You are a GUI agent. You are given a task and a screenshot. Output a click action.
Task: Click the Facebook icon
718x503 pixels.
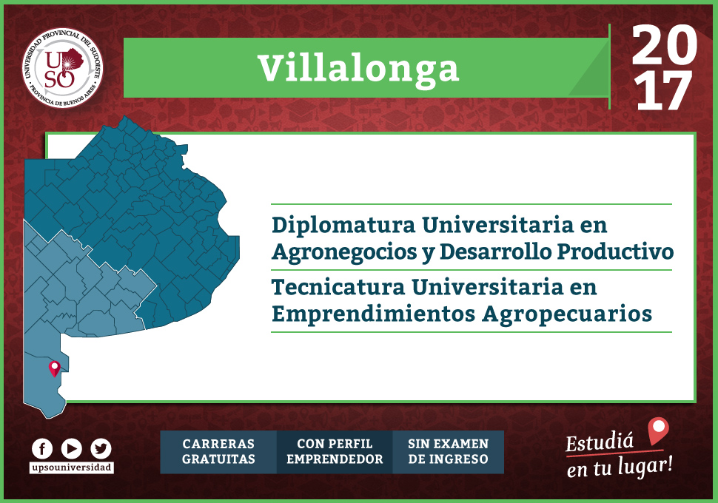pyautogui.click(x=42, y=448)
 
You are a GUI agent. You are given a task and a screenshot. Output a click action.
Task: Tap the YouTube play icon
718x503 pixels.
pyautogui.click(x=72, y=448)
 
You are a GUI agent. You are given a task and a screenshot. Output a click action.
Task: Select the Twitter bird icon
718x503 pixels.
pyautogui.click(x=101, y=448)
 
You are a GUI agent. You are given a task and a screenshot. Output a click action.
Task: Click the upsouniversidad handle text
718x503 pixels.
pyautogui.click(x=72, y=467)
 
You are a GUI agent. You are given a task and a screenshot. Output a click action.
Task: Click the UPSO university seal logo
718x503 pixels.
pyautogui.click(x=63, y=68)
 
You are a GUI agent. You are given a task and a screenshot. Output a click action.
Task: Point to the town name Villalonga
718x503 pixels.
pyautogui.click(x=358, y=69)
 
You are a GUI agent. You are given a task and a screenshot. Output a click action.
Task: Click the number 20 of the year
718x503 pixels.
pyautogui.click(x=665, y=44)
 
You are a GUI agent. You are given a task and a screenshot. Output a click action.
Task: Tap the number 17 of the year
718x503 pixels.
pyautogui.click(x=664, y=91)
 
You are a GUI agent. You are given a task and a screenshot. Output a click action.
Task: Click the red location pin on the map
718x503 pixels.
pyautogui.click(x=55, y=368)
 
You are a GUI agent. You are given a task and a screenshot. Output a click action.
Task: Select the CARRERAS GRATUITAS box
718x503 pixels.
pyautogui.click(x=218, y=452)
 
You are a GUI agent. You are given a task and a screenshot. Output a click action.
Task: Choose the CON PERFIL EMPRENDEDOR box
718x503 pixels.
pyautogui.click(x=335, y=452)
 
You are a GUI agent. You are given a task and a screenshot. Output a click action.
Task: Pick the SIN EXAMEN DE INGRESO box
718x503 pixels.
pyautogui.click(x=449, y=452)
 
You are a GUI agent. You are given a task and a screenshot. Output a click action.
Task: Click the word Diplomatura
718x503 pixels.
pyautogui.click(x=343, y=225)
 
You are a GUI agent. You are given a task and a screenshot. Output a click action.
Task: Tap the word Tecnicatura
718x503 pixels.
pyautogui.click(x=338, y=288)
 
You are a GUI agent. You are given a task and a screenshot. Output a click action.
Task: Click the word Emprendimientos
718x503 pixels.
pyautogui.click(x=373, y=314)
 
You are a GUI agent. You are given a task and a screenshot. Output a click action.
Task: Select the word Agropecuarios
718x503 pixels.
pyautogui.click(x=567, y=314)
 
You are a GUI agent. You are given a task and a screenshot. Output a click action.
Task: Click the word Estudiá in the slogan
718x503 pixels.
pyautogui.click(x=600, y=442)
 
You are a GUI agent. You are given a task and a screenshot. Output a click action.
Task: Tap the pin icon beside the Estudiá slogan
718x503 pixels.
pyautogui.click(x=659, y=431)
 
